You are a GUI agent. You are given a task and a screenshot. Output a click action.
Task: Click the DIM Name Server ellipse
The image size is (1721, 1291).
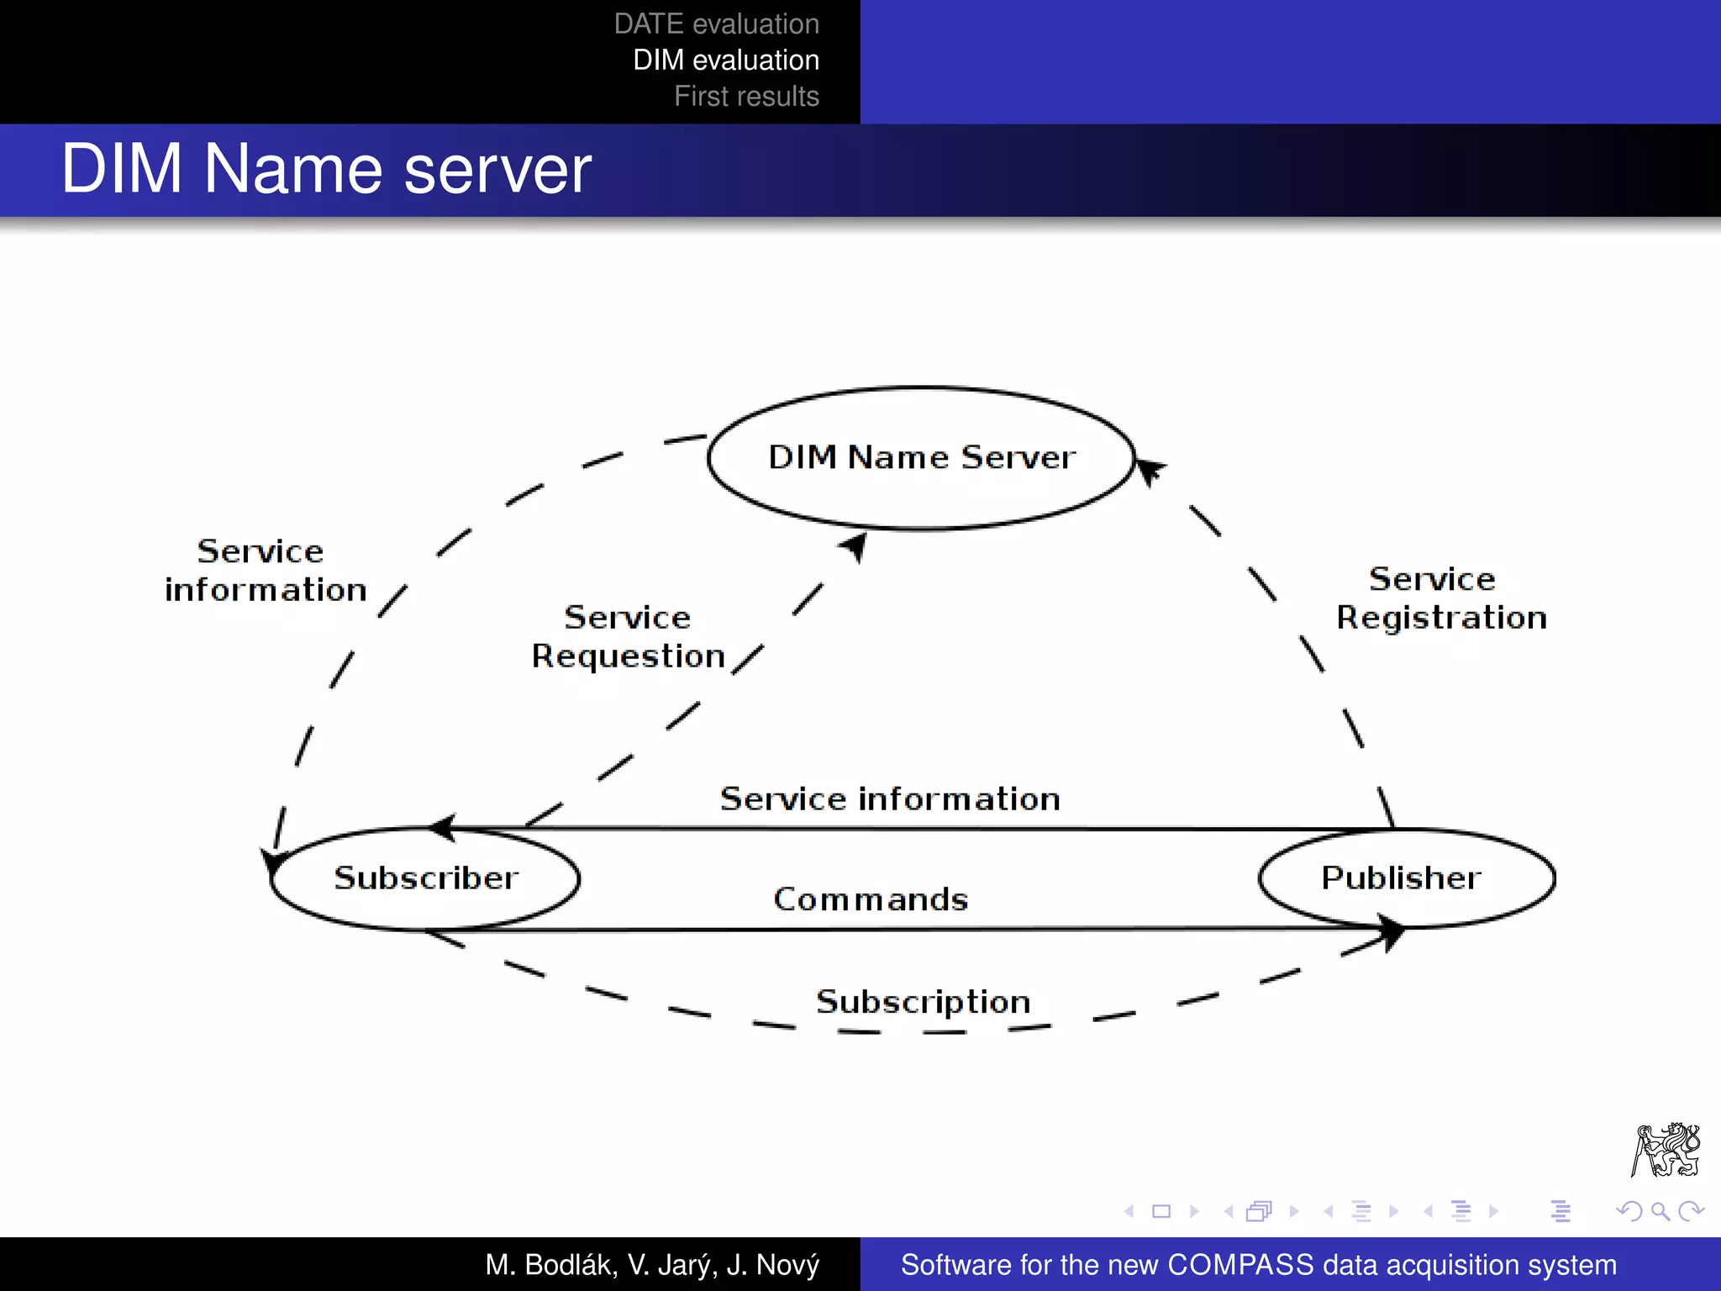point(921,458)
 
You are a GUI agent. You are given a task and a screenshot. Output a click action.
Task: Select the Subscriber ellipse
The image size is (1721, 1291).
point(425,878)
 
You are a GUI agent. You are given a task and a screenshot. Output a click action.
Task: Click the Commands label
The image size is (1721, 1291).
point(871,900)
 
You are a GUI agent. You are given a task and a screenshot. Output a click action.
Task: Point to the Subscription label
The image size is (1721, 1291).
point(923,1002)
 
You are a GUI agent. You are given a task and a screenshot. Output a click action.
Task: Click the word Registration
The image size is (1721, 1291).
point(1441,619)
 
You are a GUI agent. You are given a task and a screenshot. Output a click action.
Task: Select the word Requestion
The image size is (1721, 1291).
point(628,656)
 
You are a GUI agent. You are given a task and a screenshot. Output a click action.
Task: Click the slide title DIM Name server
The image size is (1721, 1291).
point(326,170)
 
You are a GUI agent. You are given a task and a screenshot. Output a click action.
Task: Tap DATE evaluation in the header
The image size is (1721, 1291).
point(716,24)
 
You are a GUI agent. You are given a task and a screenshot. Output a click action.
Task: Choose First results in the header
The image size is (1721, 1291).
point(746,97)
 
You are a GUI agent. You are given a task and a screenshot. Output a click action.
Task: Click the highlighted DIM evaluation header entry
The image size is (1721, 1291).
point(726,61)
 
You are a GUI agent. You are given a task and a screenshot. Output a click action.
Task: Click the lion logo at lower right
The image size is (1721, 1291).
point(1666,1150)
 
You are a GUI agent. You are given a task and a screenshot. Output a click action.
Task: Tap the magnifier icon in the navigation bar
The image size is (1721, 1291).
point(1660,1211)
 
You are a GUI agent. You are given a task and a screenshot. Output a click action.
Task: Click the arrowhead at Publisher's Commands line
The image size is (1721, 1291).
point(1393,932)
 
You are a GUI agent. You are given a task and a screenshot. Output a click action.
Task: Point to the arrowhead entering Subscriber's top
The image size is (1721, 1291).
point(443,828)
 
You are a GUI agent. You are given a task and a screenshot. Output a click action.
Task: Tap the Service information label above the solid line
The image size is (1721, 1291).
point(889,799)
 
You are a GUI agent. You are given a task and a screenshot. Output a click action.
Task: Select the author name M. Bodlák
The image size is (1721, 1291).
point(550,1265)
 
